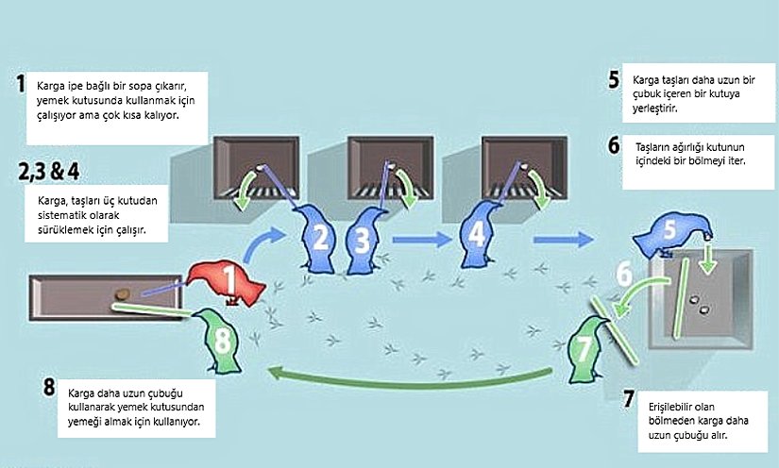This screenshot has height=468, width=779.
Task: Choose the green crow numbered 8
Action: [221, 338]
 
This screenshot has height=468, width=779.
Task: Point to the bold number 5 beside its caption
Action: [614, 81]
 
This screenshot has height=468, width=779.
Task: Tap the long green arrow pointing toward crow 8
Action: [397, 379]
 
